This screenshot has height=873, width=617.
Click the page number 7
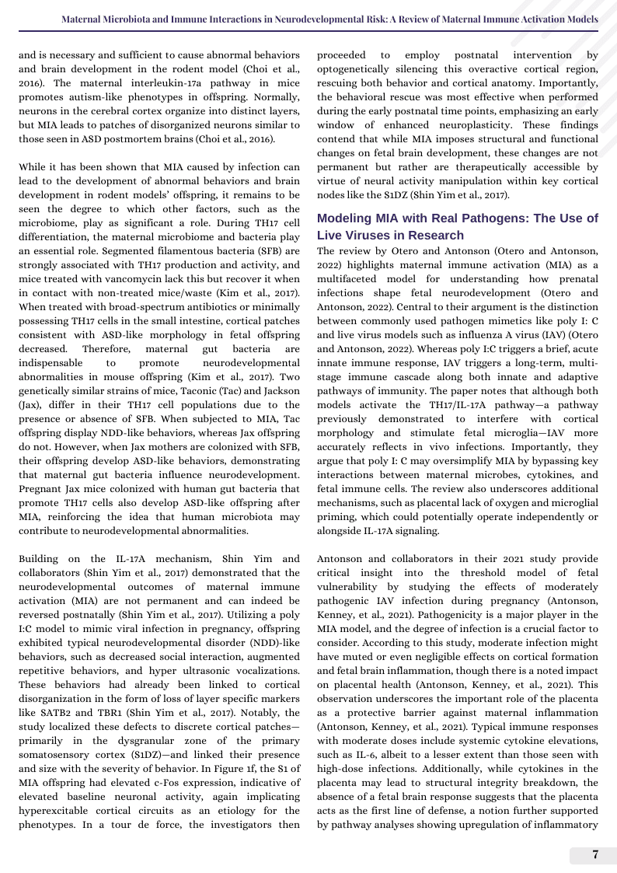(x=595, y=855)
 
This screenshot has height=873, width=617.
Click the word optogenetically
(x=355, y=69)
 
